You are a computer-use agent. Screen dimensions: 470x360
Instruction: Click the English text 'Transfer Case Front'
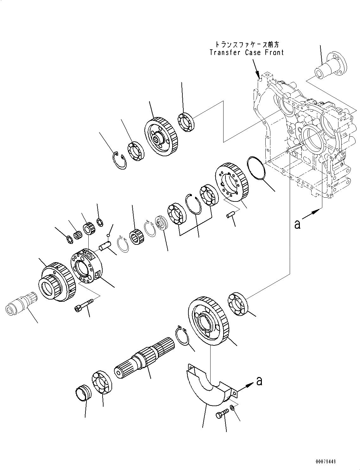coord(247,53)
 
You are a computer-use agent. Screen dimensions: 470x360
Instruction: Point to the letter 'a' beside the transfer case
coord(297,224)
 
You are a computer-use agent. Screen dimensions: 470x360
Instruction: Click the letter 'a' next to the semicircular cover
coord(259,381)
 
